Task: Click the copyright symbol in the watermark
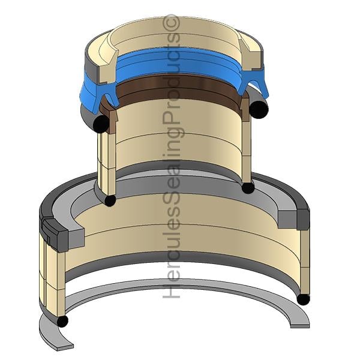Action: [171, 23]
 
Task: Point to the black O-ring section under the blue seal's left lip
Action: [101, 124]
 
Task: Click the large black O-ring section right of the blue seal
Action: [259, 109]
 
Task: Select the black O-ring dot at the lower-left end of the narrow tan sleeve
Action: [110, 200]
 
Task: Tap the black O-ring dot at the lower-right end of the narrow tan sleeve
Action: [248, 188]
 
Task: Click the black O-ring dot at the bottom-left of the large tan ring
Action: [62, 321]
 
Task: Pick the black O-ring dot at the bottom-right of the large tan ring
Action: [303, 299]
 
